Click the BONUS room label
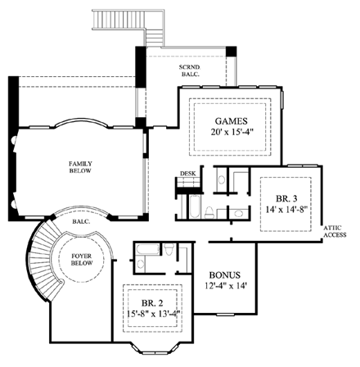(x=223, y=274)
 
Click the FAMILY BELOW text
(x=80, y=168)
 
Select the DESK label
(x=187, y=174)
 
